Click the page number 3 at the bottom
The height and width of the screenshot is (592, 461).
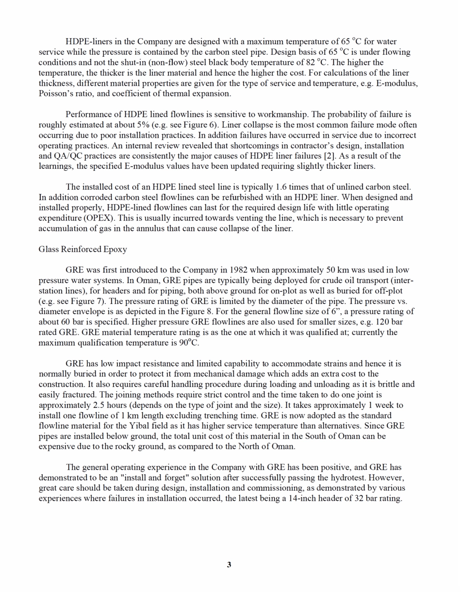(229, 564)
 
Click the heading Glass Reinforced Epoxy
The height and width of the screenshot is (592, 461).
(82, 249)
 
